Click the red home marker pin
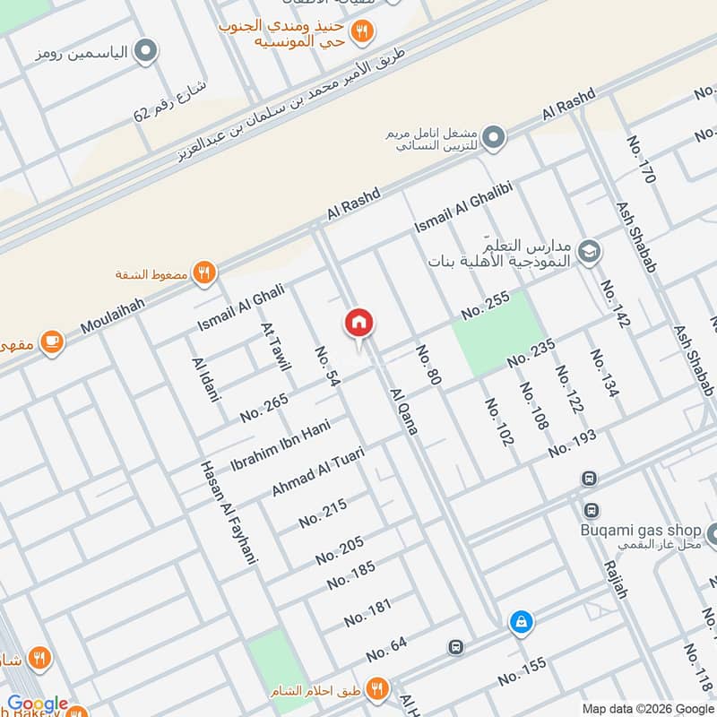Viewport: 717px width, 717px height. click(358, 324)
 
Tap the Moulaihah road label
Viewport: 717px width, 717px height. click(111, 315)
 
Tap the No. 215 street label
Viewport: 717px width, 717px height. click(323, 513)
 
